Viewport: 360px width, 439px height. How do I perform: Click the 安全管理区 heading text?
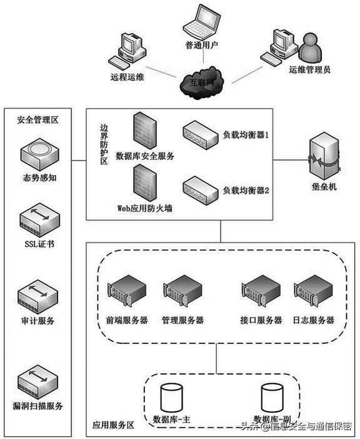point(37,120)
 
